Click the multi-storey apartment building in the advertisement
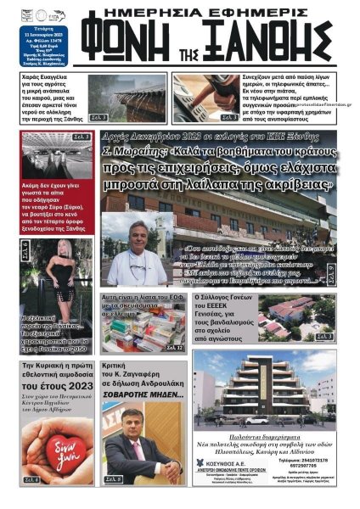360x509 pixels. coord(263,394)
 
